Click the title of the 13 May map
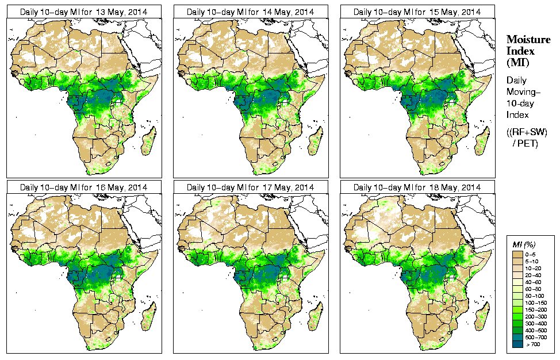(x=83, y=12)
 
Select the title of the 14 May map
(x=250, y=12)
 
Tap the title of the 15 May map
(x=417, y=12)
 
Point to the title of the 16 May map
(x=83, y=187)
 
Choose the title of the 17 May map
(x=250, y=187)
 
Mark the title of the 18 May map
(x=417, y=187)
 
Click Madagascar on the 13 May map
(x=148, y=140)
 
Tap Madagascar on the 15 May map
(x=482, y=140)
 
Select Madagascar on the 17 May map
(x=315, y=316)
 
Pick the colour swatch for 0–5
(x=517, y=254)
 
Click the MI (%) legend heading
(x=524, y=246)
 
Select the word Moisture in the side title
(x=528, y=39)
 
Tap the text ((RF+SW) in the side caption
(x=527, y=132)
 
